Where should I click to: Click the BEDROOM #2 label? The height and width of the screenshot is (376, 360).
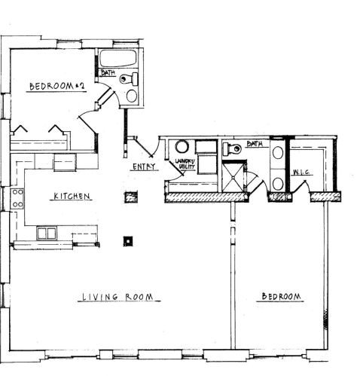[x=57, y=87]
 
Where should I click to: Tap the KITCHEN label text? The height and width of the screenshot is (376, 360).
[x=72, y=197]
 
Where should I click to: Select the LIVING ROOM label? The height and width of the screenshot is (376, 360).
[x=121, y=298]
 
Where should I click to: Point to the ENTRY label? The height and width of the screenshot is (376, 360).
[x=144, y=167]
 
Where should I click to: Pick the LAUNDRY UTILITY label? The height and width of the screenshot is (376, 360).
[x=185, y=164]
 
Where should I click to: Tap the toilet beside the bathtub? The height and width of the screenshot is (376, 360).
[x=133, y=78]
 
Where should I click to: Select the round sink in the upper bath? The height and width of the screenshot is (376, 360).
[x=131, y=96]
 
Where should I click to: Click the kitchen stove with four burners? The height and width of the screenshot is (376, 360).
[x=17, y=200]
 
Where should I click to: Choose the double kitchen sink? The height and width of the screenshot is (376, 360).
[x=47, y=233]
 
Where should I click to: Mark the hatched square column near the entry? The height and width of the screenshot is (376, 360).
[x=131, y=197]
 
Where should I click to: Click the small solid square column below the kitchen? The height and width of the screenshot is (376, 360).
[x=129, y=241]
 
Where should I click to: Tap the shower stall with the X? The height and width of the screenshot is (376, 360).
[x=234, y=178]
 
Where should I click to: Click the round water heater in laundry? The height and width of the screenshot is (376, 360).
[x=182, y=148]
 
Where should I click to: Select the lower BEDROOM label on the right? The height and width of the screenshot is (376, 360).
[x=280, y=297]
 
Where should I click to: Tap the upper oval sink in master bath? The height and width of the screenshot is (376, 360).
[x=277, y=153]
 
